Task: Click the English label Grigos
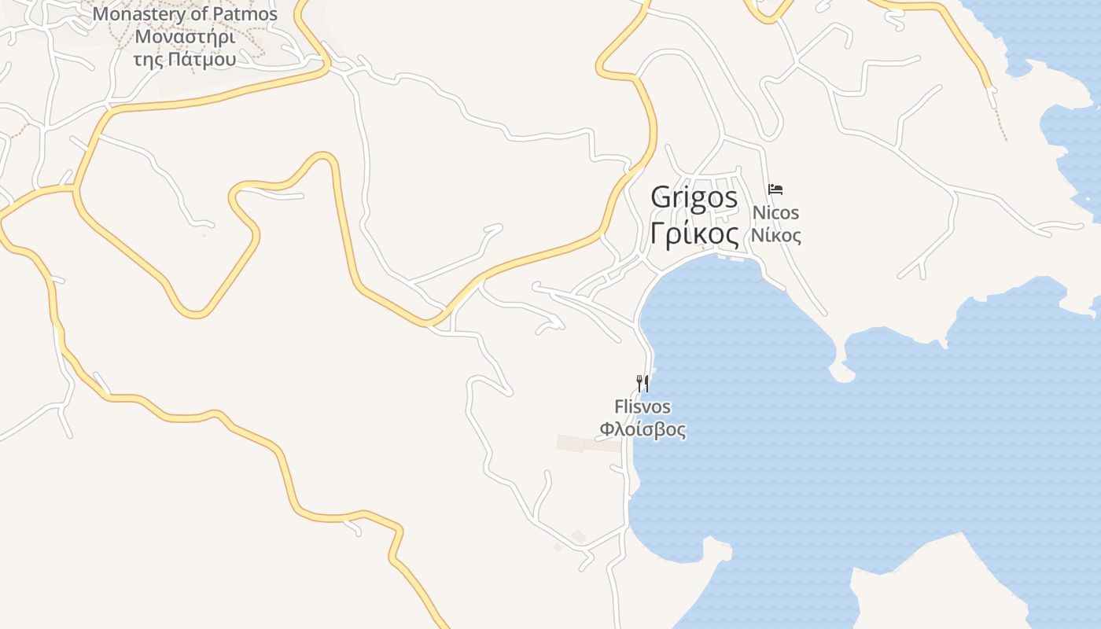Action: point(694,197)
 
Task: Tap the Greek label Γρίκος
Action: point(694,234)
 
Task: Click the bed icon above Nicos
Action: point(775,189)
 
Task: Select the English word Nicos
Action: point(775,212)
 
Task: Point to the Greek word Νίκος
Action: point(775,235)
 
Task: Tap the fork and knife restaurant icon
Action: point(643,383)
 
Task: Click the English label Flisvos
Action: point(643,406)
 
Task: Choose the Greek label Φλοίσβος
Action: point(643,429)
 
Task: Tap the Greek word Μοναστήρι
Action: point(185,36)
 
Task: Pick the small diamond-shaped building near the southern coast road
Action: point(578,536)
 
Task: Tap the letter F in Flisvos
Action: point(619,406)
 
